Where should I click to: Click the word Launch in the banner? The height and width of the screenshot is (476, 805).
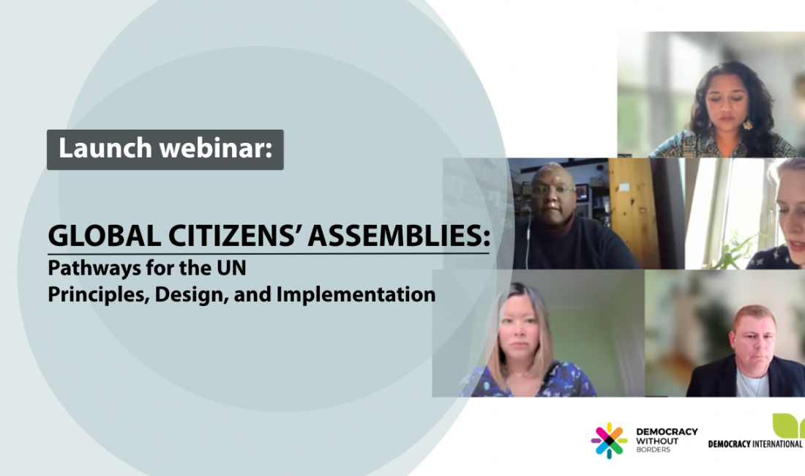click(105, 149)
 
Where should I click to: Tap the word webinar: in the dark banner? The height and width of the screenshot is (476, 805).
click(216, 149)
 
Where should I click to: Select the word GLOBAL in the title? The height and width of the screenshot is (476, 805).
click(104, 237)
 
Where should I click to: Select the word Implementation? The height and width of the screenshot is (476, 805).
click(356, 294)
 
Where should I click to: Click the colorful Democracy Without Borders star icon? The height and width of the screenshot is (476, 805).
click(609, 441)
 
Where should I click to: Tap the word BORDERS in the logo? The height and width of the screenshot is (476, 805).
click(653, 450)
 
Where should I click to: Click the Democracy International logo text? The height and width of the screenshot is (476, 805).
click(755, 444)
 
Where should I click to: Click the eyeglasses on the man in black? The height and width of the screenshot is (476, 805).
click(552, 190)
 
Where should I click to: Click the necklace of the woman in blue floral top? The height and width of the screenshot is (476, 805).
click(520, 373)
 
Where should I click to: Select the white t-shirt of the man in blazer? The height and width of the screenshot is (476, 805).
click(752, 384)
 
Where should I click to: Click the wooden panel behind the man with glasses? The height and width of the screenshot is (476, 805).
click(634, 212)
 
